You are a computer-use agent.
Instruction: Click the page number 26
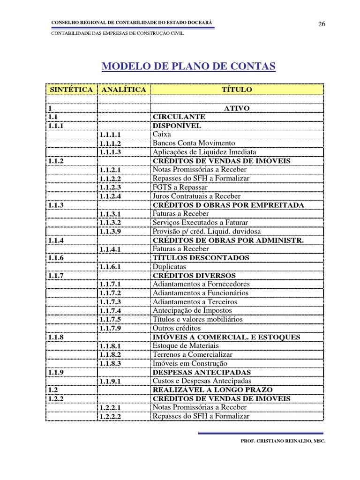(322, 25)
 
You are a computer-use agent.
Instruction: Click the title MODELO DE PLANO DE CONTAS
(188, 67)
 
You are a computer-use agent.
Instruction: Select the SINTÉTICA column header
(71, 89)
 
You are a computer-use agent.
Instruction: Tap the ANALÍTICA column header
(123, 89)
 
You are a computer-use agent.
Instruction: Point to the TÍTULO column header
(237, 89)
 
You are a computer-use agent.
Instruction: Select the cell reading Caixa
(162, 135)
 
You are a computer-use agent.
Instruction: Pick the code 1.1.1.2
(110, 143)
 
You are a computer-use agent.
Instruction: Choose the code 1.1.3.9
(110, 232)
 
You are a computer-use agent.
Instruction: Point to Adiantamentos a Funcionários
(201, 293)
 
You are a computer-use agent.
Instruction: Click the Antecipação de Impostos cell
(192, 310)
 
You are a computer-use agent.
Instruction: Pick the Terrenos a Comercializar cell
(192, 354)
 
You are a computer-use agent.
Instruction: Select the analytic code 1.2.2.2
(110, 416)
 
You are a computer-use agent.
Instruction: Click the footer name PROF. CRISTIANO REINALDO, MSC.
(283, 441)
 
